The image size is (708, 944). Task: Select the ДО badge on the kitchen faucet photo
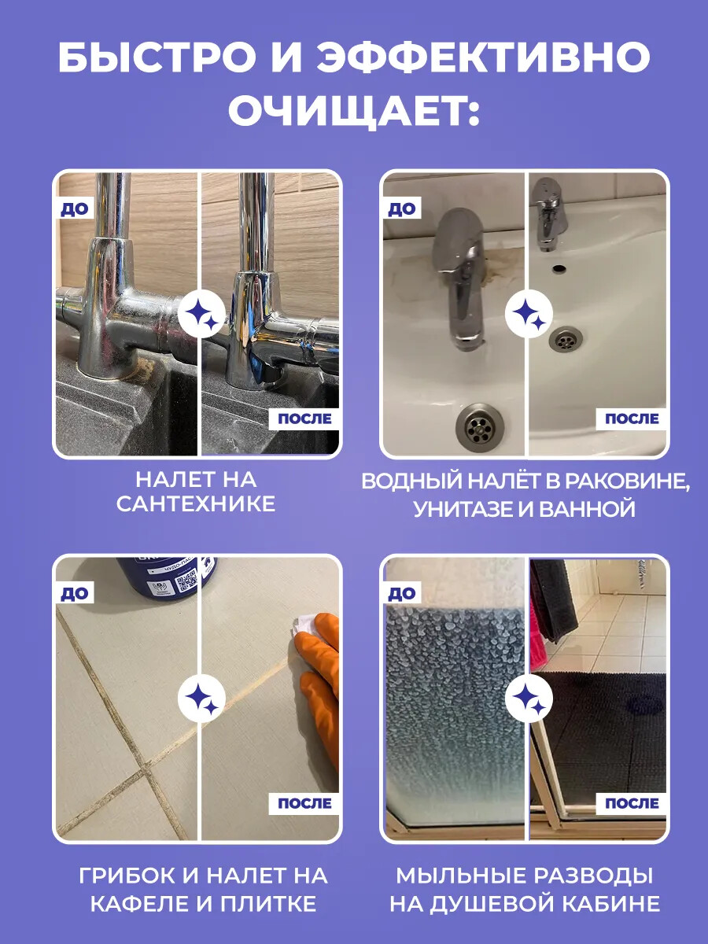pos(75,209)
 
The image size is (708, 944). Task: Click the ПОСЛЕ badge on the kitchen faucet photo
pos(304,419)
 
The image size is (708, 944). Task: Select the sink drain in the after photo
pos(566,339)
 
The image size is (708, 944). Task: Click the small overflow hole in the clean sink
pos(559,268)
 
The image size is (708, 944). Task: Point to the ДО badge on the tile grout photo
pos(75,593)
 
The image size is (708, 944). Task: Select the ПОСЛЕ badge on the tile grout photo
pos(304,803)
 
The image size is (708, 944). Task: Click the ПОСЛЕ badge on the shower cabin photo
pos(632,803)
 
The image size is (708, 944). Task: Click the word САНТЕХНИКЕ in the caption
pos(196,504)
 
